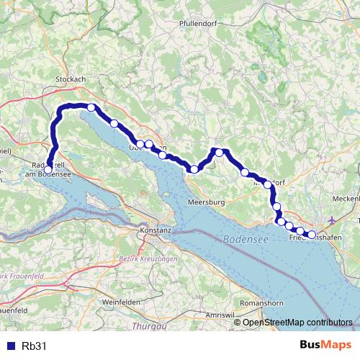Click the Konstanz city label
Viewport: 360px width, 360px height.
coord(156,231)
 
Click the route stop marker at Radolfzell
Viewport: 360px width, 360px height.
coord(48,169)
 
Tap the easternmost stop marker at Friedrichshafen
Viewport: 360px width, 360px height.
coord(312,234)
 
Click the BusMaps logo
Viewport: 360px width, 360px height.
coord(325,346)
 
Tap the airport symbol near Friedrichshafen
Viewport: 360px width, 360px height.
coord(330,219)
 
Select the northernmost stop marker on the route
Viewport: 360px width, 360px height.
coord(91,107)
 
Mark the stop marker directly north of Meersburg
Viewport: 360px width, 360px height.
coord(194,169)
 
